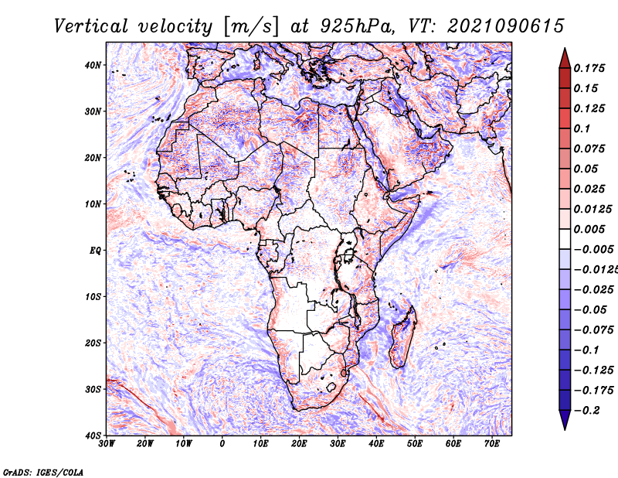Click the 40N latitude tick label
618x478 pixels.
(x=93, y=65)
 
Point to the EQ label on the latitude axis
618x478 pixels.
(x=95, y=251)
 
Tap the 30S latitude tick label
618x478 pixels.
(x=93, y=390)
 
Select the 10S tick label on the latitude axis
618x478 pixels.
(x=93, y=297)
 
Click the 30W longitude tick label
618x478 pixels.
(x=107, y=444)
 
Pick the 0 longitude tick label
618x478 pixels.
(x=222, y=444)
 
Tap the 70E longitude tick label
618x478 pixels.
(x=491, y=444)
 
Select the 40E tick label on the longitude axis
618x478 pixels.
(x=376, y=444)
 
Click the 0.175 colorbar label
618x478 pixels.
(x=589, y=68)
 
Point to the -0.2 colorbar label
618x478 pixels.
(x=586, y=411)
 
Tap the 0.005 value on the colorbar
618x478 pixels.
(x=589, y=229)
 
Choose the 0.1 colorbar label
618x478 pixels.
(x=582, y=128)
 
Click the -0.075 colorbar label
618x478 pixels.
(x=593, y=330)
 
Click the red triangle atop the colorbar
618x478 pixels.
(x=565, y=59)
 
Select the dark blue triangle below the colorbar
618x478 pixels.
(x=565, y=420)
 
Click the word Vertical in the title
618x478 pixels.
(x=91, y=26)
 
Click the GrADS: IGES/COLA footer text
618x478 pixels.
(x=43, y=472)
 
